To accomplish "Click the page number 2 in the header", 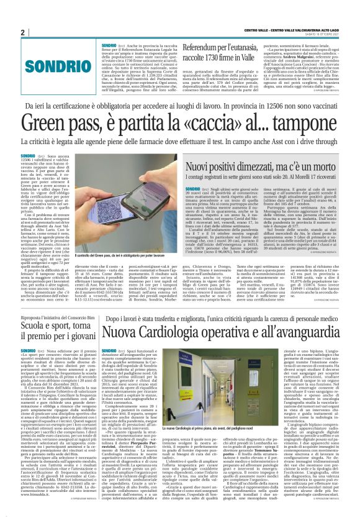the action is click(23, 32).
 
